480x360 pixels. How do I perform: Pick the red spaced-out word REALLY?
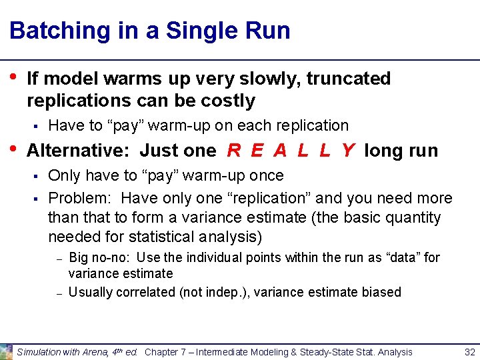click(291, 151)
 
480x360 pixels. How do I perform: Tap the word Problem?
click(83, 198)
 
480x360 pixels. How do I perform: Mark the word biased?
click(381, 292)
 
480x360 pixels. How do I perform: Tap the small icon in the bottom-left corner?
click(6, 351)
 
